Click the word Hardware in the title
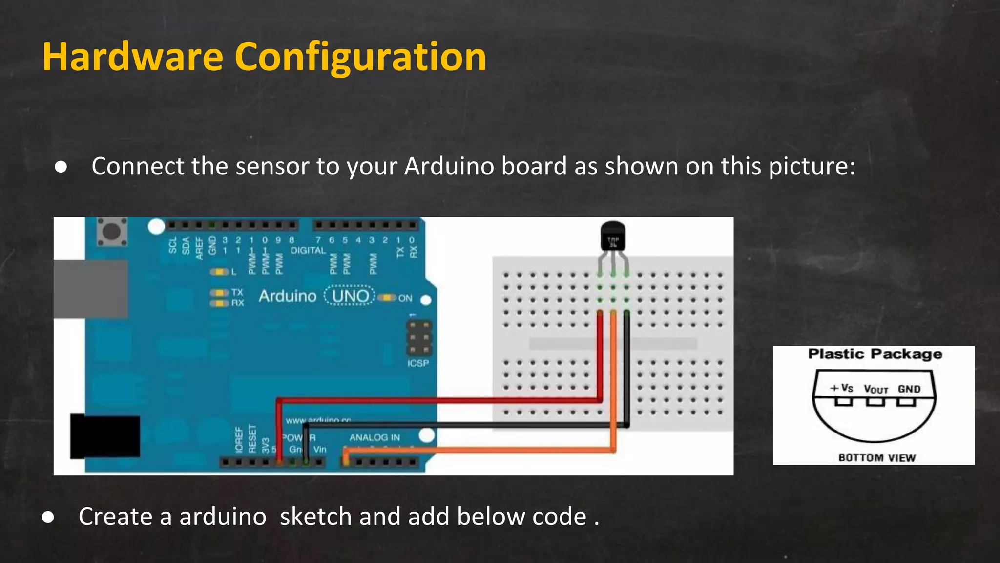pos(133,57)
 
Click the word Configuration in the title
pos(360,57)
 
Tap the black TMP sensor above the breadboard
pos(613,237)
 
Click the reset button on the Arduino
pos(112,231)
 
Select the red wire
pos(439,400)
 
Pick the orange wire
pos(479,450)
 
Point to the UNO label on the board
pos(350,296)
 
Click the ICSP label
pos(418,363)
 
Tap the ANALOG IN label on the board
pos(375,437)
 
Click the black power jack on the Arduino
pos(105,436)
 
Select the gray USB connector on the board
pos(91,289)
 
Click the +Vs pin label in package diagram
pos(841,388)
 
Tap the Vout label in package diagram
pos(875,390)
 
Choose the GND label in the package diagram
pos(909,389)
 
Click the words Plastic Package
pos(875,354)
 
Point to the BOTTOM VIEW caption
pos(877,457)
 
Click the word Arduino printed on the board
pos(288,296)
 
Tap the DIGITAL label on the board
pos(308,250)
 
